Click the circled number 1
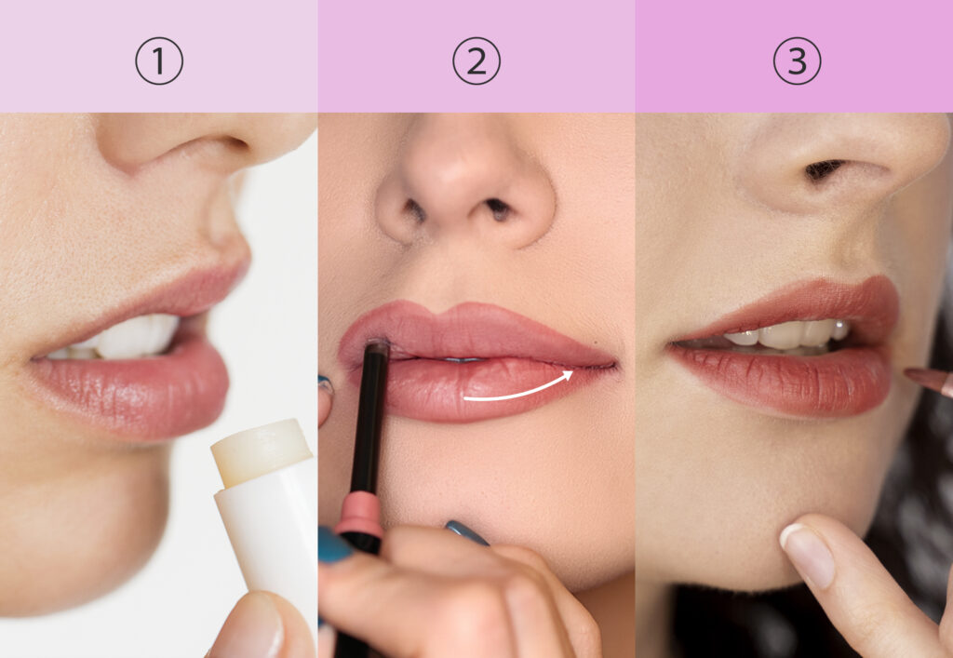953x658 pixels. click(159, 60)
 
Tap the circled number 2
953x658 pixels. click(476, 60)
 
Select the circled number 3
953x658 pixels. click(797, 60)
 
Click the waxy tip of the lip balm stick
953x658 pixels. click(262, 451)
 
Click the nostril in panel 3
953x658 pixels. click(825, 168)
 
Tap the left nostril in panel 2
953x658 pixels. click(415, 210)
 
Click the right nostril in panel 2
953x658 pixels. click(499, 209)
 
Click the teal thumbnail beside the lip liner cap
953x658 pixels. click(335, 546)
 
